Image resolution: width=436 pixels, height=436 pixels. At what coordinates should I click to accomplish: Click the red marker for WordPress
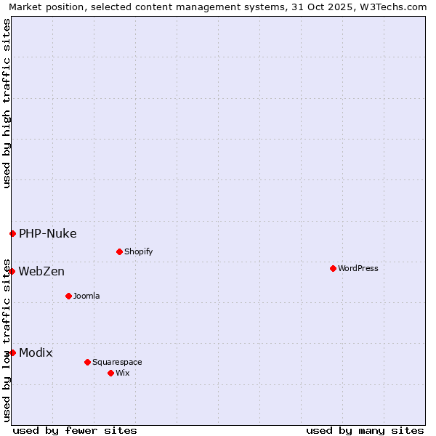(x=333, y=268)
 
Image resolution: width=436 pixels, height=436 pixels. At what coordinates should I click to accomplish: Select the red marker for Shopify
(x=119, y=251)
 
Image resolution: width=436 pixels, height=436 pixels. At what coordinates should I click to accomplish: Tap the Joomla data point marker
(x=68, y=296)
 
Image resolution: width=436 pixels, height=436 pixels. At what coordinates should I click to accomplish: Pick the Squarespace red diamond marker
(x=87, y=362)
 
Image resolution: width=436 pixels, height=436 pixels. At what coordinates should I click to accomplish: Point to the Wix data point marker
(x=110, y=373)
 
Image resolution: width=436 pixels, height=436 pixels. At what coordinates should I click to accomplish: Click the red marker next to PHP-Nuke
(x=12, y=233)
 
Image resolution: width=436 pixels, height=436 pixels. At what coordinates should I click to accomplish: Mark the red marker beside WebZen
(x=12, y=271)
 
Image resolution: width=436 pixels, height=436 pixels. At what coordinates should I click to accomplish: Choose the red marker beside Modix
(x=12, y=352)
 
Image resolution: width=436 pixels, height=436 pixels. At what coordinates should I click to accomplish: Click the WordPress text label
(x=358, y=268)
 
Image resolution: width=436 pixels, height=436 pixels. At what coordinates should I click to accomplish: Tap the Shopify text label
(x=138, y=251)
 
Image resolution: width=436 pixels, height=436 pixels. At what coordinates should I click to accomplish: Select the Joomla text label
(x=86, y=296)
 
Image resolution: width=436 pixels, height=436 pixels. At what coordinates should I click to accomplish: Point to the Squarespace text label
(x=117, y=362)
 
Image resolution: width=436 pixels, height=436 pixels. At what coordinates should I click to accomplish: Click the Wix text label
(x=123, y=373)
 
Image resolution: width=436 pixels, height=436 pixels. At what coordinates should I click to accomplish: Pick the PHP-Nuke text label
(x=47, y=233)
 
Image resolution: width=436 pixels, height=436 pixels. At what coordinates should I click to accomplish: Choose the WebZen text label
(x=41, y=271)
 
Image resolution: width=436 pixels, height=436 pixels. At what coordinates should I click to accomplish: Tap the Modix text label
(x=36, y=352)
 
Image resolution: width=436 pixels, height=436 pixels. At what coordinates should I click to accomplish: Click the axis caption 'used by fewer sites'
(x=75, y=430)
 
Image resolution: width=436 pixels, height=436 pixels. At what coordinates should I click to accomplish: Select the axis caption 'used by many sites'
(x=365, y=430)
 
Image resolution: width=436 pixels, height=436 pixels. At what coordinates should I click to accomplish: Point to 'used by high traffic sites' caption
(x=7, y=103)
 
